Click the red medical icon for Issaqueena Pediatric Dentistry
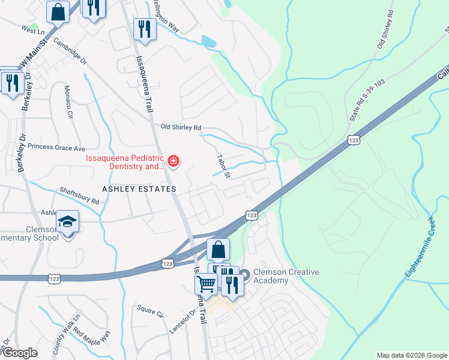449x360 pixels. pyautogui.click(x=173, y=161)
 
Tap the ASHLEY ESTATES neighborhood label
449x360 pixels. pyautogui.click(x=139, y=189)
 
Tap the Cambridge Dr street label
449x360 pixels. pyautogui.click(x=70, y=52)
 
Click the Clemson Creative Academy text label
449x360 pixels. pyautogui.click(x=286, y=276)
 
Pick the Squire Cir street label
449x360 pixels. pyautogui.click(x=150, y=311)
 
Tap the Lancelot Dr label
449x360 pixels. pyautogui.click(x=182, y=320)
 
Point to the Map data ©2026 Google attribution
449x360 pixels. pyautogui.click(x=412, y=355)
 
